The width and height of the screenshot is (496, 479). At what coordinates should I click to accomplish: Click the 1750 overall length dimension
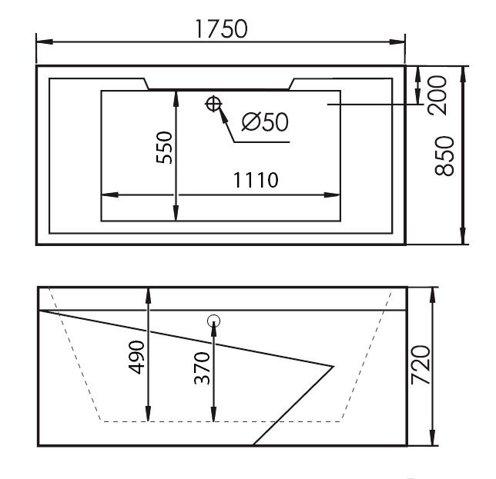[222, 29]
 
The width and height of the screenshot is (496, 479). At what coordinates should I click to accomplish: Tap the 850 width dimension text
[444, 156]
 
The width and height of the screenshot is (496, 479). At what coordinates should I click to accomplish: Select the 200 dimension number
[437, 95]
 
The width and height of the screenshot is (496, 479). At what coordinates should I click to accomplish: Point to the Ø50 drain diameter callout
[265, 122]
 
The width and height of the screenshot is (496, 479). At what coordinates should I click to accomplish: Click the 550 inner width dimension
[165, 148]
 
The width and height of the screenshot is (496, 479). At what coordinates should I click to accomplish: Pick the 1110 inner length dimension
[256, 180]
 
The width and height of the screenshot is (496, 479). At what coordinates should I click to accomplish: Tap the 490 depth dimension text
[136, 357]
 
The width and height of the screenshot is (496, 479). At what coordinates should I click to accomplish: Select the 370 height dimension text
[202, 368]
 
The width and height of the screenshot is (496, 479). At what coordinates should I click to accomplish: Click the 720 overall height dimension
[421, 365]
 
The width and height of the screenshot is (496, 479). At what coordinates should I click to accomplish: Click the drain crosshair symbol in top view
[213, 104]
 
